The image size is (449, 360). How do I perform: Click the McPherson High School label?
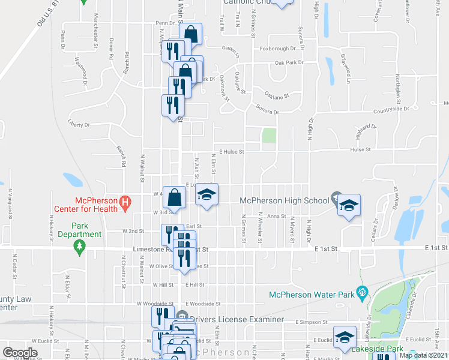[283, 200]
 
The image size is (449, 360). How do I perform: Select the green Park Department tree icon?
[79, 246]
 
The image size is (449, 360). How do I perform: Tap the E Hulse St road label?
[231, 152]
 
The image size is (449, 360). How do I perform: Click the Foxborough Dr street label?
[277, 49]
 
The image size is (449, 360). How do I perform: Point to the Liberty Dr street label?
[79, 125]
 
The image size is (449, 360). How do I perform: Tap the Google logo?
[20, 353]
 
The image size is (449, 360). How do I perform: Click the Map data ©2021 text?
[424, 355]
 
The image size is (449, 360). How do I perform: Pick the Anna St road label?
[276, 216]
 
